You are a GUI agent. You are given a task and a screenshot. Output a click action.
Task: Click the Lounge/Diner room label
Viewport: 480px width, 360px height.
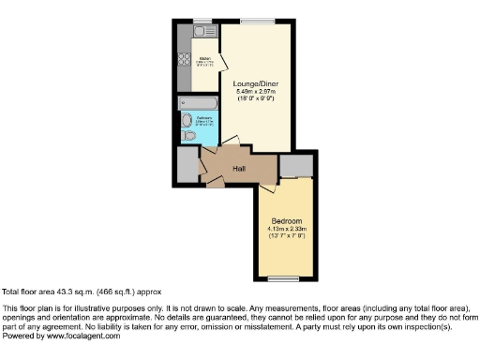256,82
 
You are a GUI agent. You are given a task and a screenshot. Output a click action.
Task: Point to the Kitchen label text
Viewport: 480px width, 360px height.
205,61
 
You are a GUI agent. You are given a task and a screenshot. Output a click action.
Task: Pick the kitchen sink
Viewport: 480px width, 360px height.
200,32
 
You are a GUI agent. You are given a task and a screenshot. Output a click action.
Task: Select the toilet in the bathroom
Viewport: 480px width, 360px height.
191,136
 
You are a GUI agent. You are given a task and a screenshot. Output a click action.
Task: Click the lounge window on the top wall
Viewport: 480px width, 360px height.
257,21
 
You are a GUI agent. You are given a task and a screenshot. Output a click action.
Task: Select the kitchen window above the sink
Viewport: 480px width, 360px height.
200,21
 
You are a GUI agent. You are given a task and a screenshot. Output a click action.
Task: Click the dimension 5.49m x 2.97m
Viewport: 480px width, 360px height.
256,90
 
